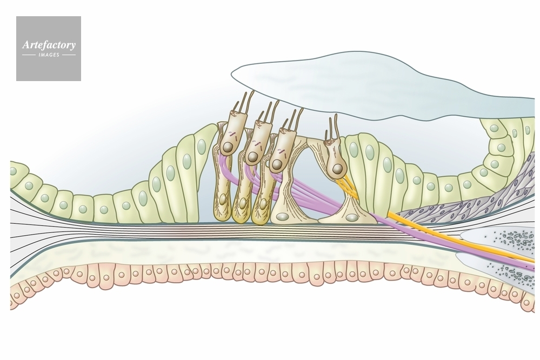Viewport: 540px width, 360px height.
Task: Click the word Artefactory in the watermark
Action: point(49,45)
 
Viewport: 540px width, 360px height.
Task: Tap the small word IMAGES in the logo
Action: point(49,55)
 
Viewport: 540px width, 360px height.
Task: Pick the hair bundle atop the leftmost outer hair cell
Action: point(243,103)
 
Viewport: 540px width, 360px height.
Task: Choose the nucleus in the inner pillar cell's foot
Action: point(352,217)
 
